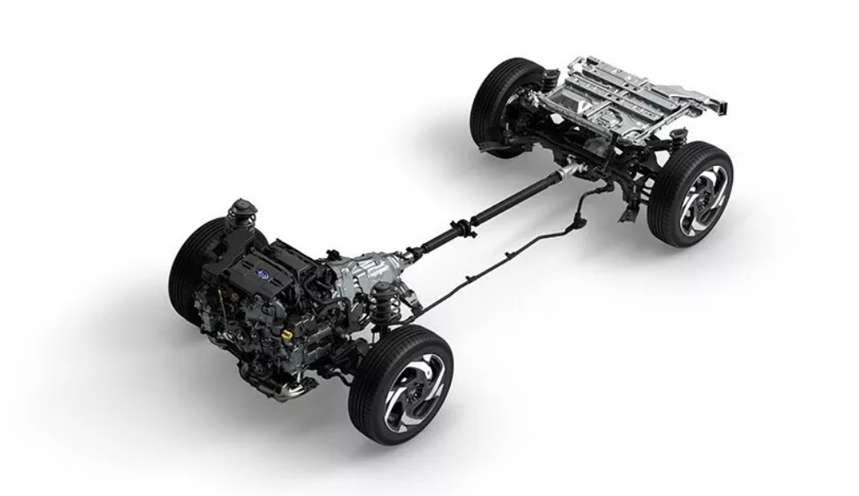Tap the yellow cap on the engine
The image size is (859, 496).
pyautogui.click(x=287, y=332)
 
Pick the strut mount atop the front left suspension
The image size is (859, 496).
pyautogui.click(x=243, y=210)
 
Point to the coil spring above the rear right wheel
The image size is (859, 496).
pyautogui.click(x=675, y=138)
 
